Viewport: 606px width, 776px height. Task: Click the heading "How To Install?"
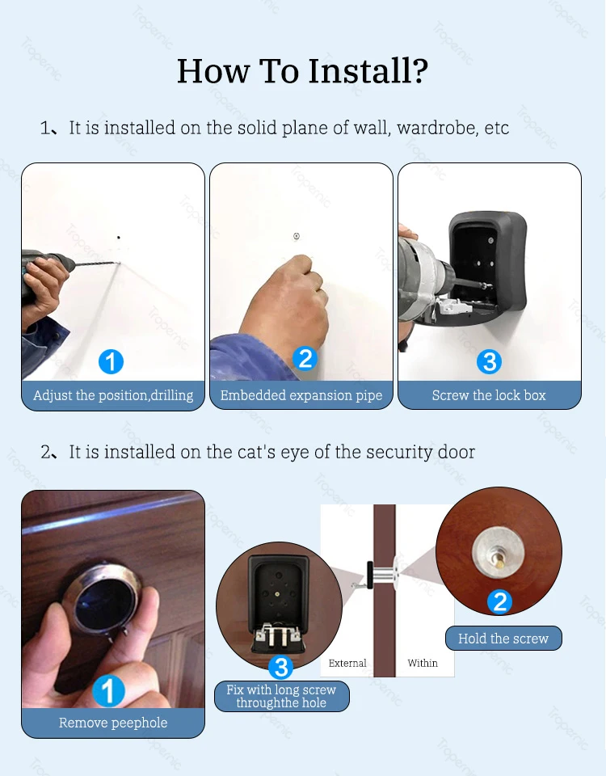tap(302, 71)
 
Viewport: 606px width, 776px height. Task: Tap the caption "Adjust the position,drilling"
tap(113, 395)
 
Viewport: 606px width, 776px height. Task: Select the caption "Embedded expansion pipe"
tap(301, 395)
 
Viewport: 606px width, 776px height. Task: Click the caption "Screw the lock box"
tap(489, 395)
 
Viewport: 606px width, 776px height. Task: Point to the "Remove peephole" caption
tap(113, 723)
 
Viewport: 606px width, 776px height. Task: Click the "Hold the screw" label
tap(503, 639)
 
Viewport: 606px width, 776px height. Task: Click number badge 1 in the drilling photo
tap(111, 361)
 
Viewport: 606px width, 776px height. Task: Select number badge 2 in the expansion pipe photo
tap(305, 357)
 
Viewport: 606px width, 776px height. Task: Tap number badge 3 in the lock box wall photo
tap(489, 361)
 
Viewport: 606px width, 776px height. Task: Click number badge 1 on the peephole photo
tap(108, 691)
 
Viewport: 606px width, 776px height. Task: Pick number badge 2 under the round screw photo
tap(500, 601)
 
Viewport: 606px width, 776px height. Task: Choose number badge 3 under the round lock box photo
tap(280, 667)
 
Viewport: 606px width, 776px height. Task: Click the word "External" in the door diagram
tap(347, 663)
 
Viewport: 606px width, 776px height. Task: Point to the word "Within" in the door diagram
tap(422, 663)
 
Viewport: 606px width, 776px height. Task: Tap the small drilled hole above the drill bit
tap(119, 238)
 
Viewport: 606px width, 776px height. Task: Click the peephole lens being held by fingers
tap(105, 602)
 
